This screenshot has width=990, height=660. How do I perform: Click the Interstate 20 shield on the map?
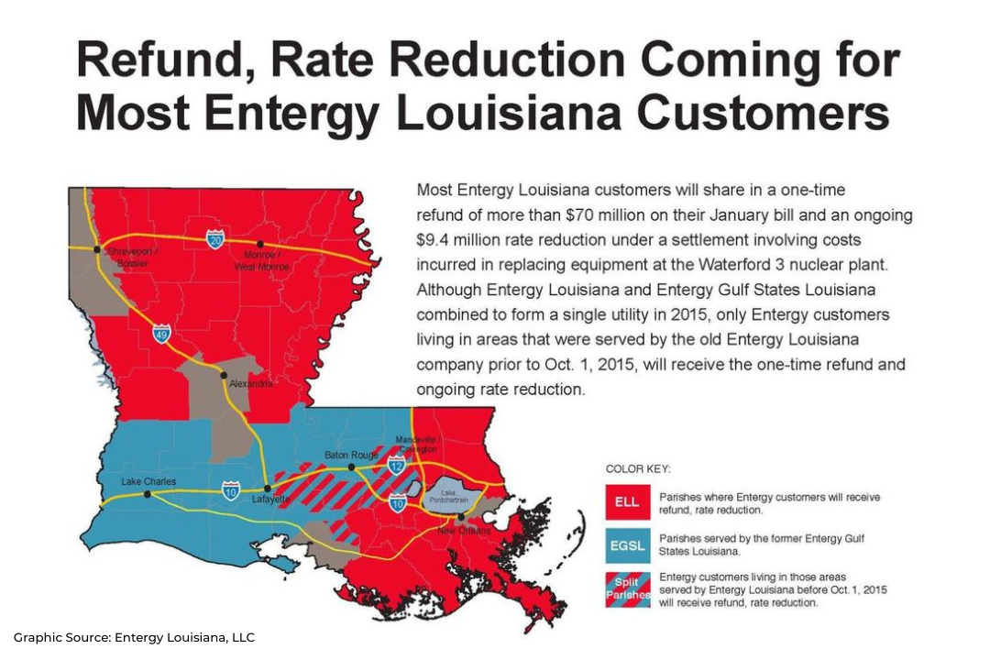point(214,239)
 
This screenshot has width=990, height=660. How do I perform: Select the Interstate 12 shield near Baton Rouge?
point(396,465)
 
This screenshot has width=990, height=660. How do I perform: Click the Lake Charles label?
point(148,481)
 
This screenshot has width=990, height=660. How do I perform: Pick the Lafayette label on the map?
point(271,500)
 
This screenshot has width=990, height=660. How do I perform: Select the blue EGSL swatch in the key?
point(627,546)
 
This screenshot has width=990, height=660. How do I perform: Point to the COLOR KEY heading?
point(638,468)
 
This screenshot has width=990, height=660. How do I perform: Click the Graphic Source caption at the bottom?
point(134,637)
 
